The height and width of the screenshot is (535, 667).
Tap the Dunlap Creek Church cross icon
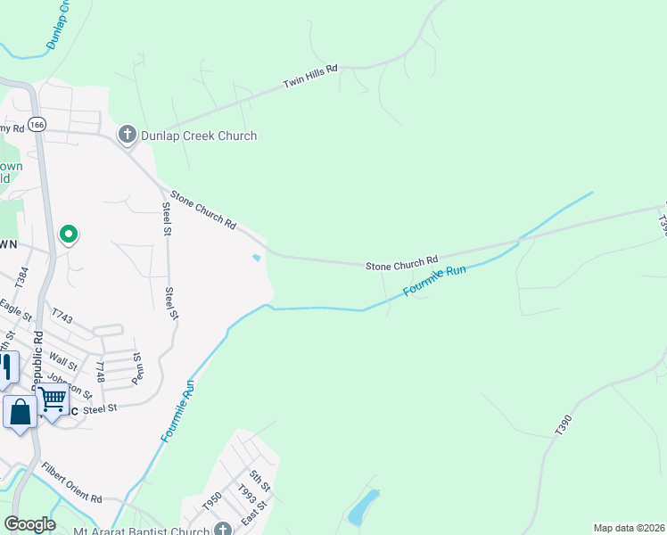[x=127, y=136]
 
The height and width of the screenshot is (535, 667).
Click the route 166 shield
[x=36, y=126]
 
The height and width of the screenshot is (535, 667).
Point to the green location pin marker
[x=69, y=235]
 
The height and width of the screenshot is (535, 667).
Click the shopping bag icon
[x=20, y=413]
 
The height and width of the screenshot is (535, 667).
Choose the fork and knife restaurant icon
[x=7, y=367]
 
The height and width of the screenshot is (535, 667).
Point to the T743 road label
[x=62, y=316]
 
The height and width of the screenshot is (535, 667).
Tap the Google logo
[x=30, y=523]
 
